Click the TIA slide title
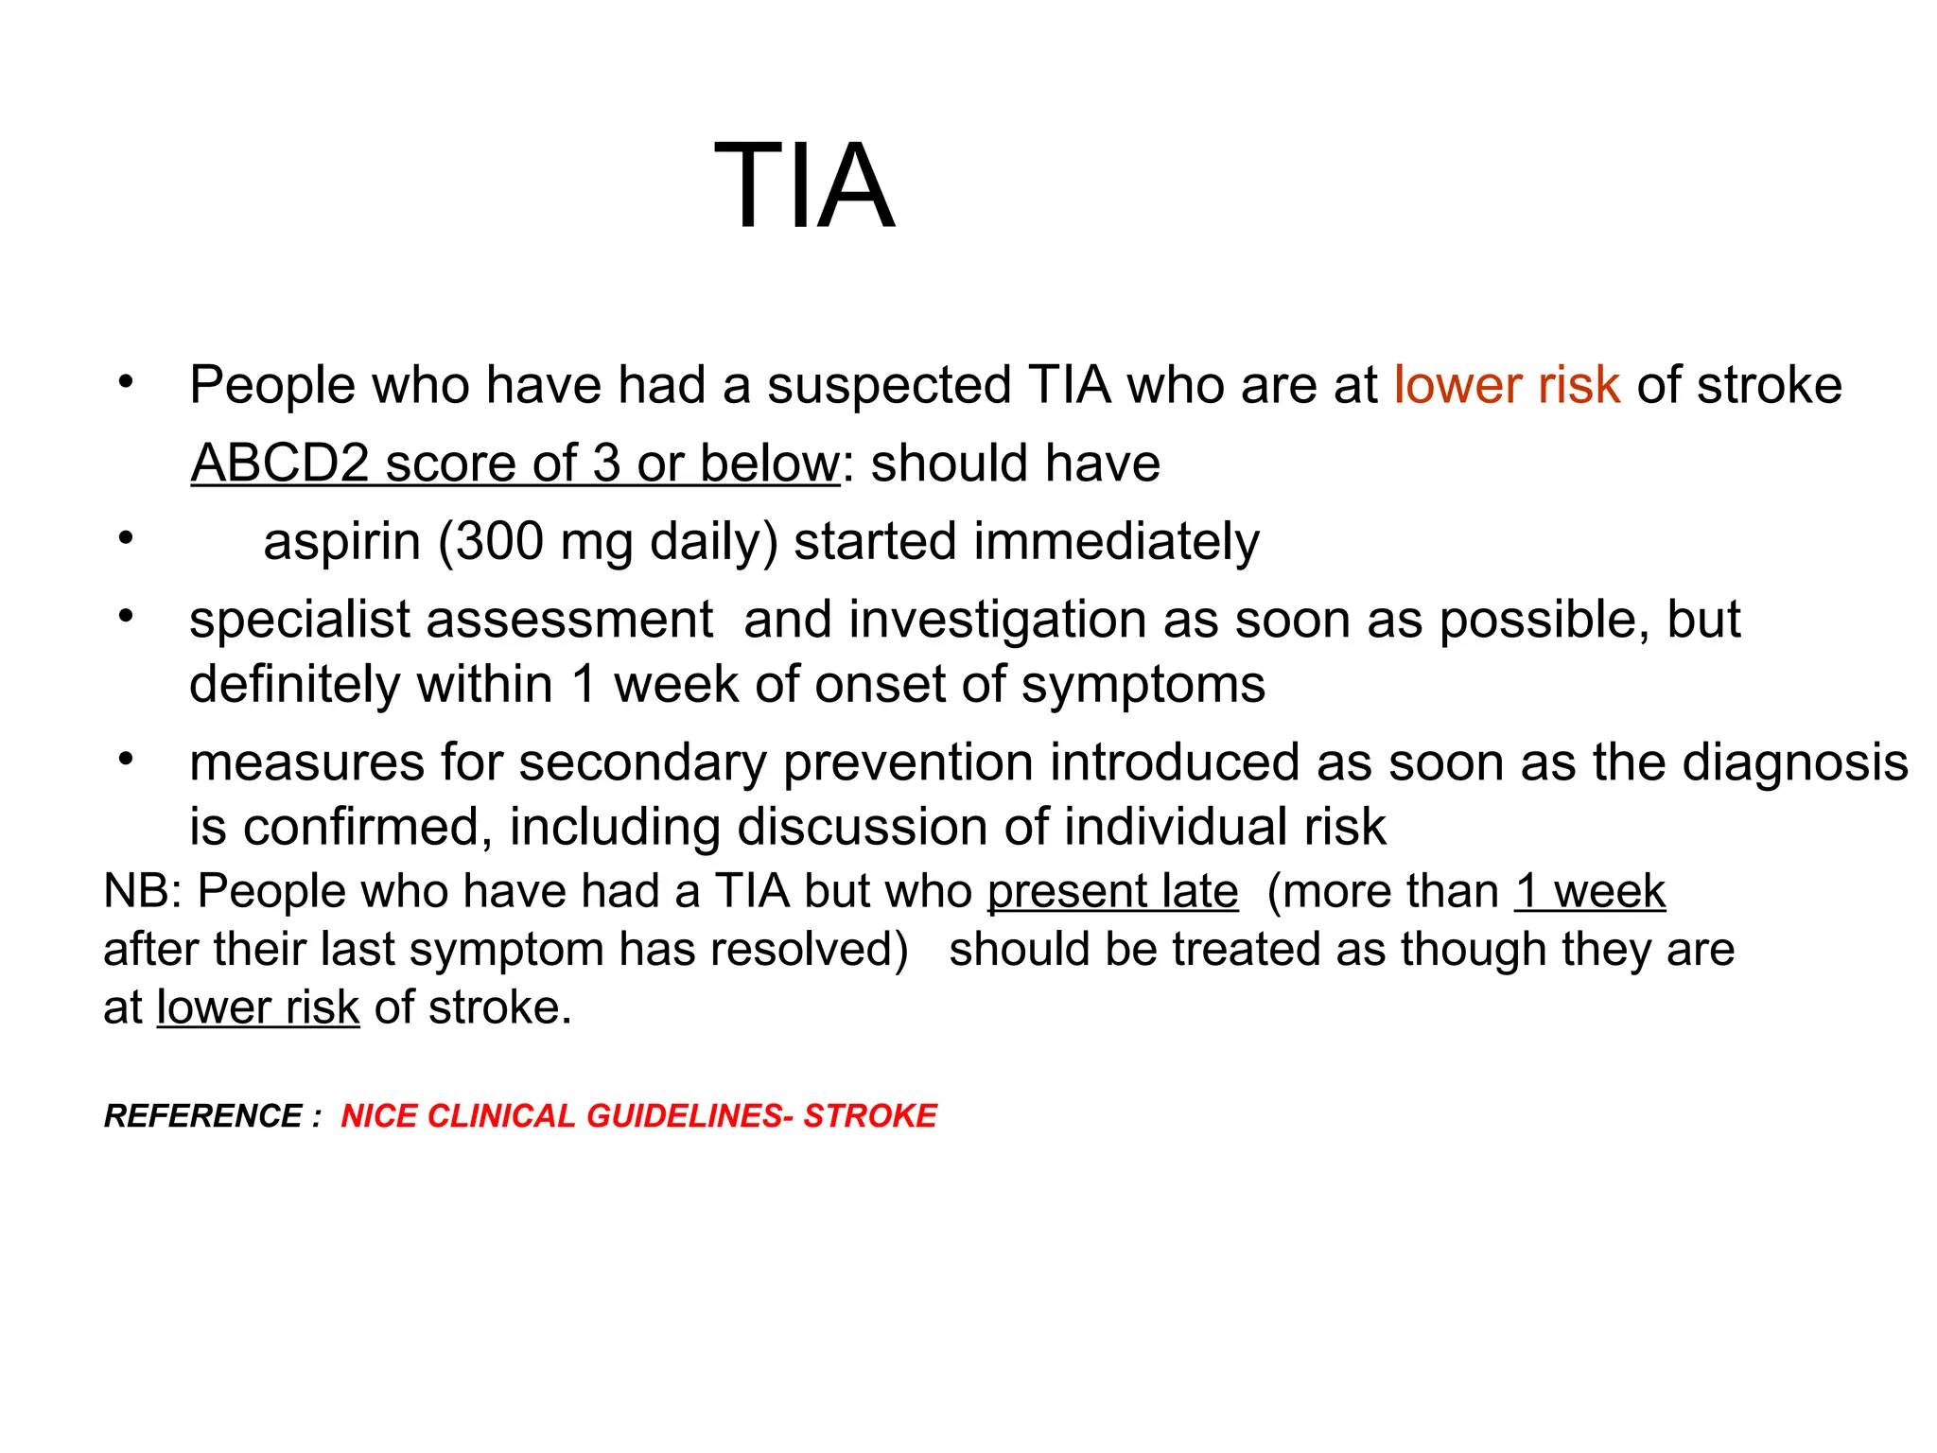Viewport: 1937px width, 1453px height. click(803, 186)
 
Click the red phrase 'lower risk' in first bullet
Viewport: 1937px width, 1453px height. click(1506, 385)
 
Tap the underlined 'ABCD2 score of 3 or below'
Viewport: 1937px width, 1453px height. click(515, 464)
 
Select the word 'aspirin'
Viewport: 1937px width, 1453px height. click(341, 542)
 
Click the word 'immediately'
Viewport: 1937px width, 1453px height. click(1116, 542)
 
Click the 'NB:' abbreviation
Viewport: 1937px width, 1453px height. click(143, 891)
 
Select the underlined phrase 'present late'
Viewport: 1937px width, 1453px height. click(1112, 891)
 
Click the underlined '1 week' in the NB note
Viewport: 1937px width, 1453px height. click(1589, 891)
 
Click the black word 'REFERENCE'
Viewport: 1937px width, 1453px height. click(203, 1116)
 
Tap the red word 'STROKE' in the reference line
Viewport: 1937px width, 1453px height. click(870, 1116)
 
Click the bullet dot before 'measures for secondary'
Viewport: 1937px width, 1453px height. click(126, 760)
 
